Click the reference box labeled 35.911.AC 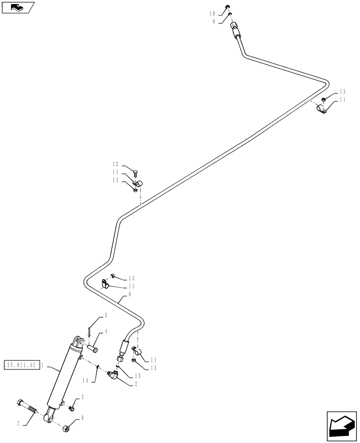[21, 365]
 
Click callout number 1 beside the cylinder [42, 365]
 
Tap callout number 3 [82, 397]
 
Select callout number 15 [138, 376]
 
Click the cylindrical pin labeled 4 [93, 348]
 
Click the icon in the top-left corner [17, 7]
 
